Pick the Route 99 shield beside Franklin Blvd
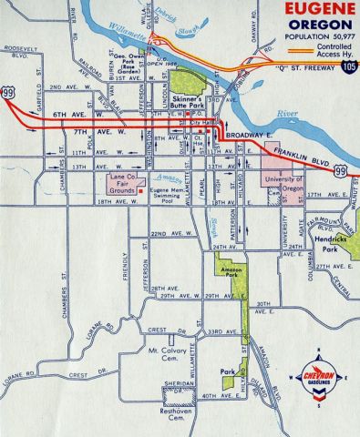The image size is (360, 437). click(x=339, y=170)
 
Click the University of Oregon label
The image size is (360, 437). click(x=283, y=185)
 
